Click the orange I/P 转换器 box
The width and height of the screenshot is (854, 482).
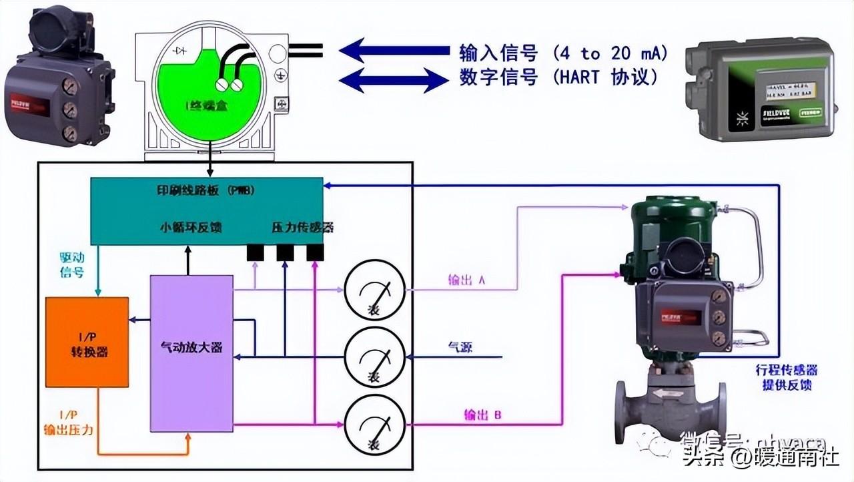tap(87, 342)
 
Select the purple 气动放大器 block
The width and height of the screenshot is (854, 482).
tap(191, 352)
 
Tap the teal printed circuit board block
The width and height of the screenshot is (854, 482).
tap(207, 210)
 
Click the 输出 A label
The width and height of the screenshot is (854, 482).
tap(466, 280)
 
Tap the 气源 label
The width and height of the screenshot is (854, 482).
tap(460, 347)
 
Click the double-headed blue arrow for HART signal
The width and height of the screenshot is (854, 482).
tap(394, 79)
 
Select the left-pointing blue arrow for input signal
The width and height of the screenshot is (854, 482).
tap(394, 51)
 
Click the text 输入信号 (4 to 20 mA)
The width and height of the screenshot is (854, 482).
tap(563, 53)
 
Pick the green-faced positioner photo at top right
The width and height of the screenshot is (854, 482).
tap(760, 90)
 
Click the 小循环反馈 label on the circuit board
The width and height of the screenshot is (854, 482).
tap(191, 228)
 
